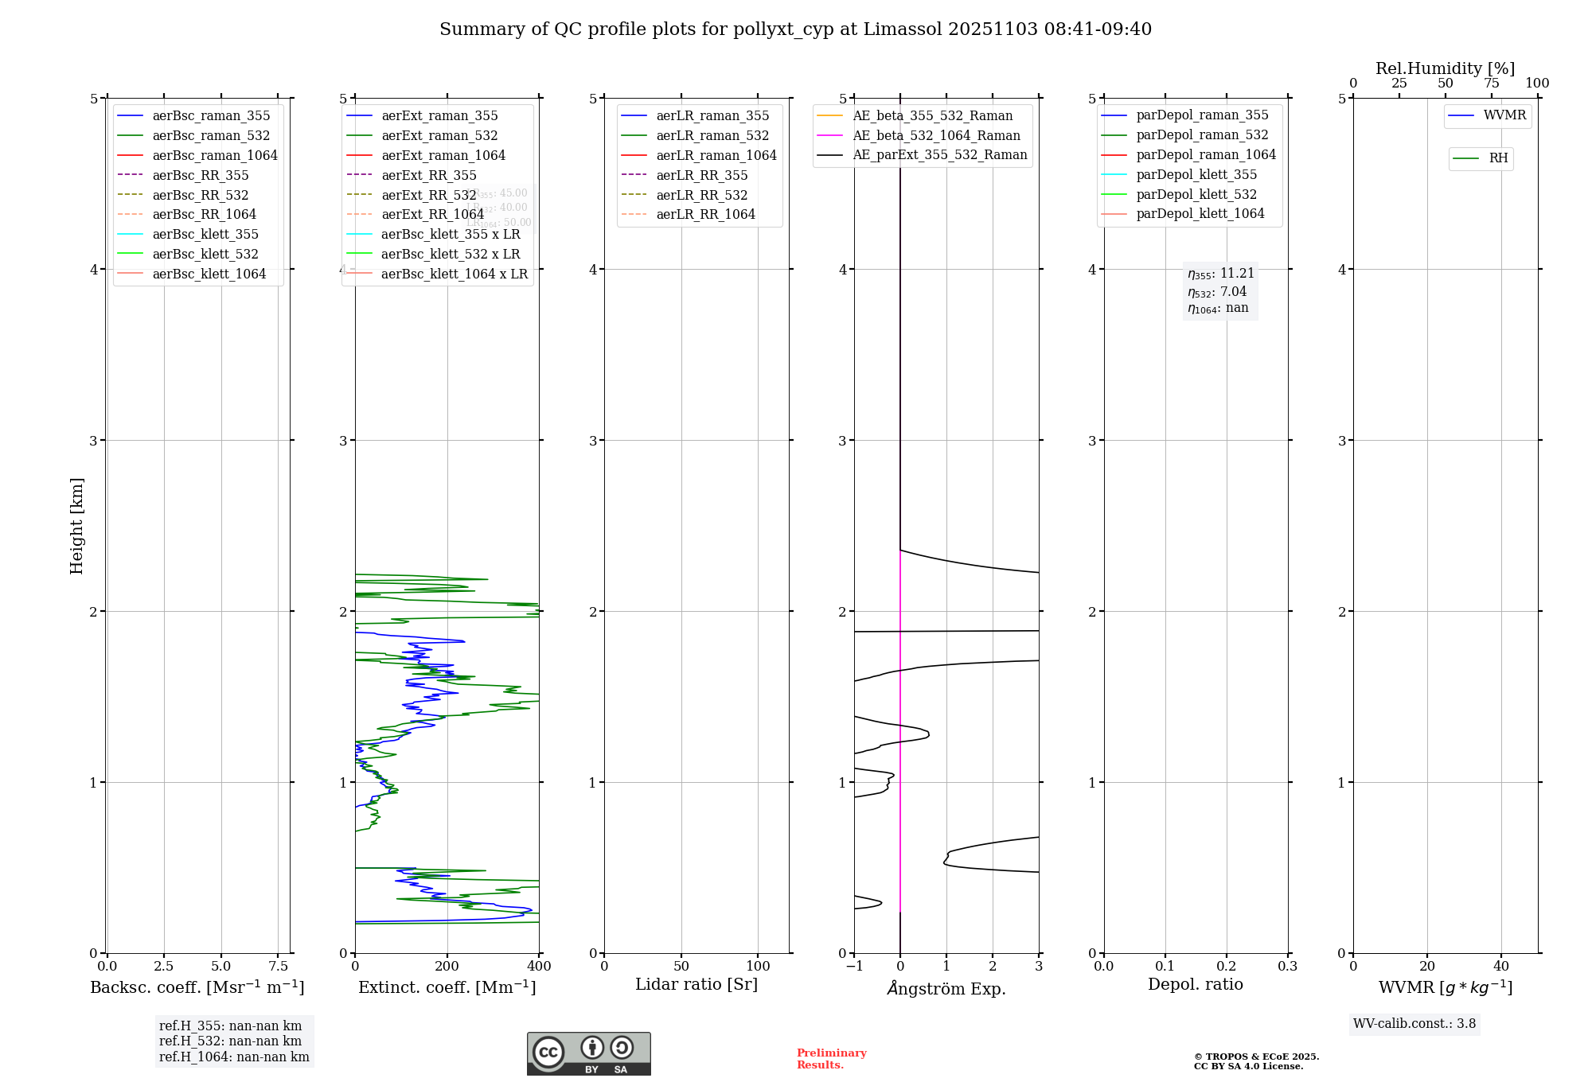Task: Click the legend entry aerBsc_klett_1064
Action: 209,274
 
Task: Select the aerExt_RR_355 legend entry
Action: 428,175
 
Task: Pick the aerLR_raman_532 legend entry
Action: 712,135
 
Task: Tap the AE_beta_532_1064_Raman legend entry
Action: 936,135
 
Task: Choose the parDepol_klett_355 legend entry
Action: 1196,174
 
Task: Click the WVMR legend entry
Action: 1504,115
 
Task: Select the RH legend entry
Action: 1498,158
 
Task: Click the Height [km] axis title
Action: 76,525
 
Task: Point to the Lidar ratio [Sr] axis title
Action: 696,984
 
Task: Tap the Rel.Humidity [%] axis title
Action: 1445,68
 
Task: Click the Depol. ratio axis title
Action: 1195,984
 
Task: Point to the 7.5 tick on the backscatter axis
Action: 278,966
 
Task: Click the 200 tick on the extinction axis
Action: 447,966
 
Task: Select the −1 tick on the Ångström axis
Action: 854,966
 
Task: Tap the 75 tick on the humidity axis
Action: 1491,84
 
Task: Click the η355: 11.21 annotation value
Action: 1221,274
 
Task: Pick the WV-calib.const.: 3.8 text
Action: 1414,1024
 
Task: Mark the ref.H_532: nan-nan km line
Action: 230,1041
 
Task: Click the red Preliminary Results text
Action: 831,1059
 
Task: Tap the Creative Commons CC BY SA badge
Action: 588,1053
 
